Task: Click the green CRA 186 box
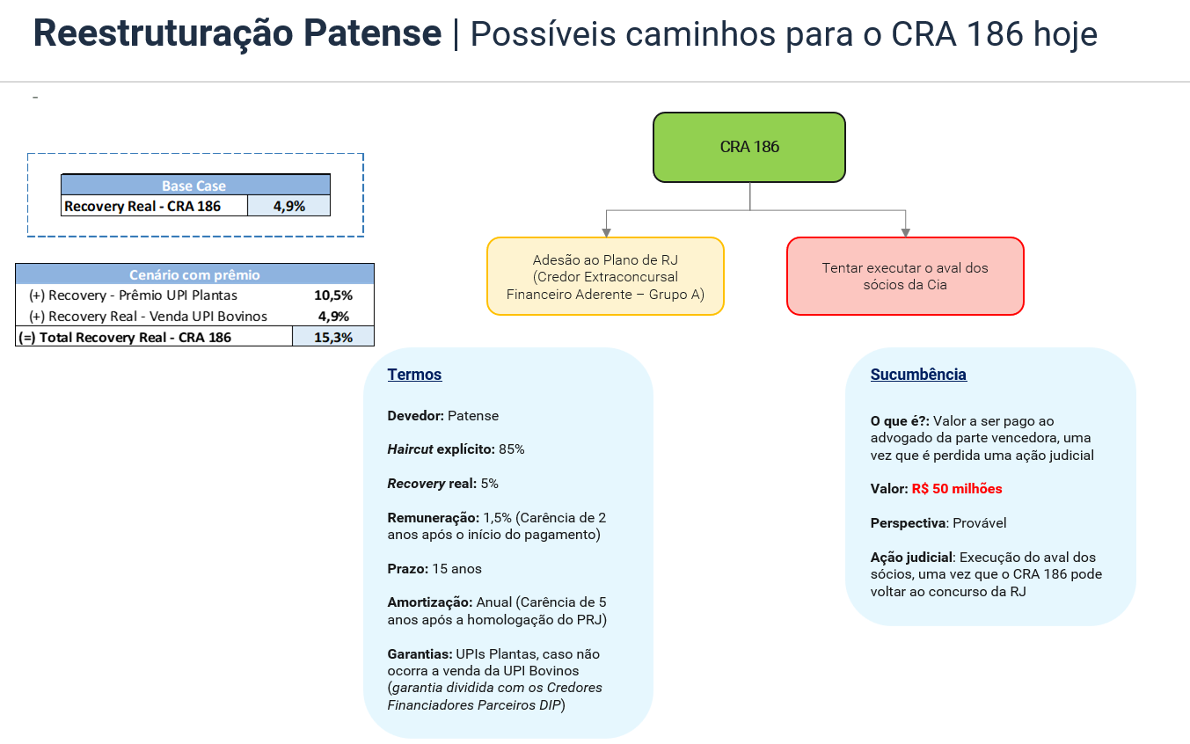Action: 748,147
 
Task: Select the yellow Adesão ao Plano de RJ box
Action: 605,276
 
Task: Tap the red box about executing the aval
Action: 905,276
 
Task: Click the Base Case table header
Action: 194,186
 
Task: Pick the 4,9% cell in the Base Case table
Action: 288,207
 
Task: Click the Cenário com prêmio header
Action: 194,274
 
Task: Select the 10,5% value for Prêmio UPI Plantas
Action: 332,295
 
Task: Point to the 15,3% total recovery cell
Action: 332,337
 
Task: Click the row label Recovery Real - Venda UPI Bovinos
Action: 148,317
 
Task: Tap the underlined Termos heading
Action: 414,375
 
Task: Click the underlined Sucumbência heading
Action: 918,375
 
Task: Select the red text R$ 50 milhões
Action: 957,489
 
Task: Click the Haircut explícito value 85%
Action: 511,449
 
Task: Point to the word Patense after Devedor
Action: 473,416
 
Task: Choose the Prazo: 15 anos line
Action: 434,569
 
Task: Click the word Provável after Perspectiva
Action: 978,523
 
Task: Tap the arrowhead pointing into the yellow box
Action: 605,232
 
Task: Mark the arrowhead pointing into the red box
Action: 905,232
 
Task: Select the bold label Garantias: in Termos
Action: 420,654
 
